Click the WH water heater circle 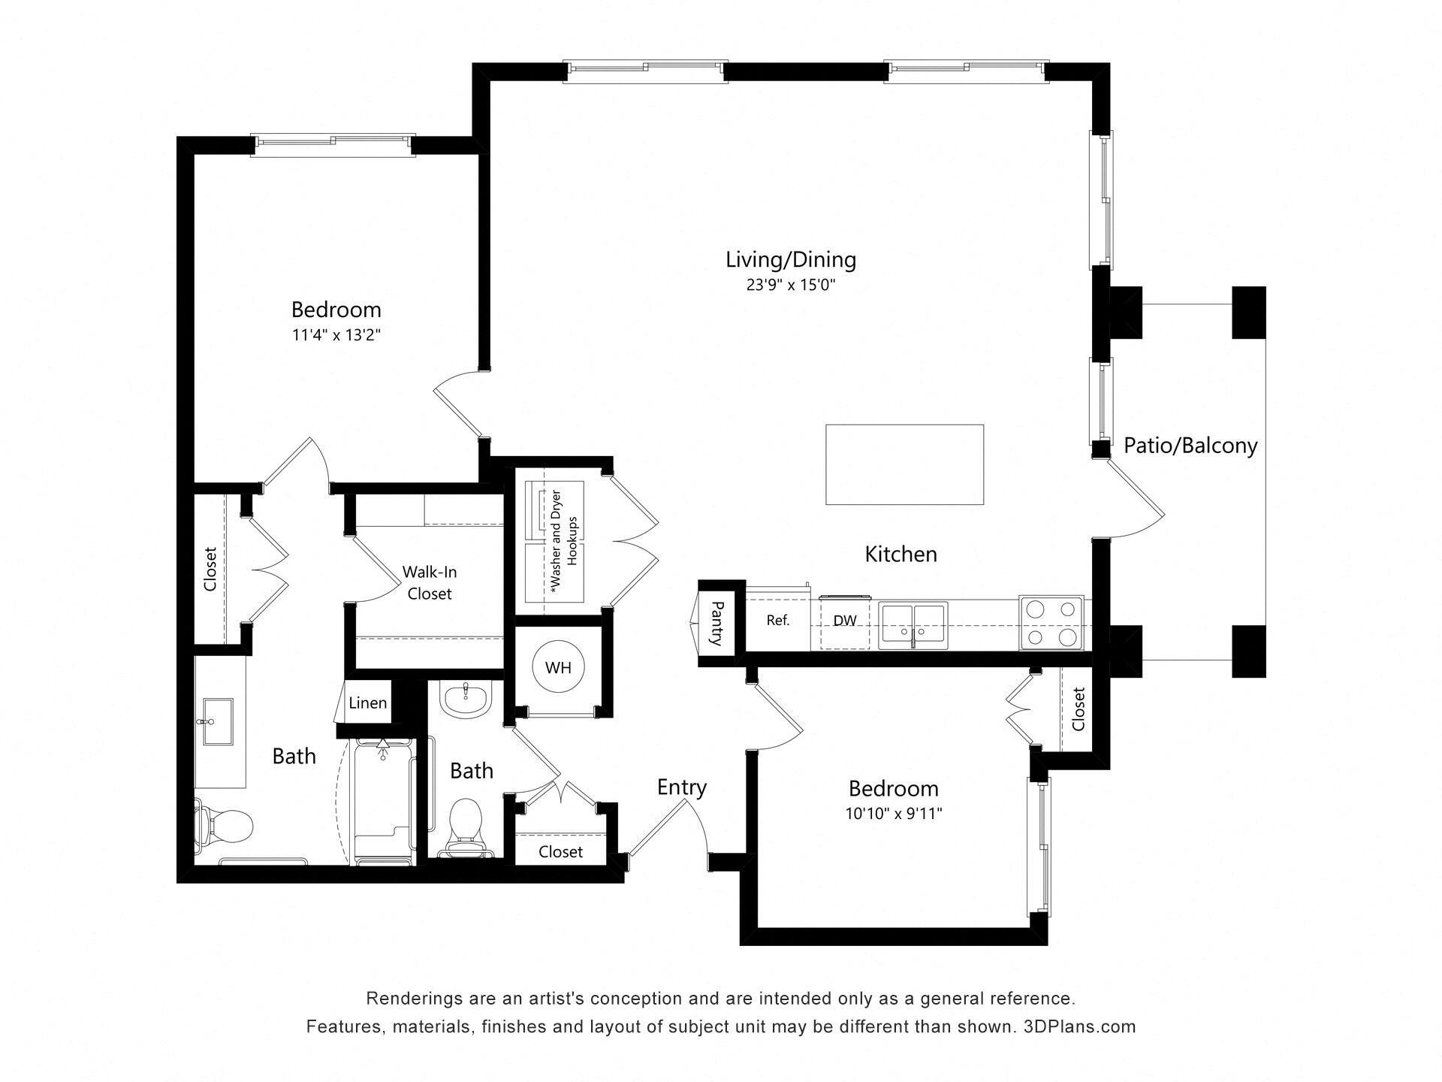(x=558, y=667)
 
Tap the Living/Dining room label (x=790, y=260)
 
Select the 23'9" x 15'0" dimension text (x=790, y=286)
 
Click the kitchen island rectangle (x=904, y=464)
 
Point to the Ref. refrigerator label (x=777, y=621)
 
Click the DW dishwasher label (x=845, y=621)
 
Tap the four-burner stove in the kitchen (x=1051, y=623)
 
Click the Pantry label (x=716, y=623)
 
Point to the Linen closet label (x=367, y=703)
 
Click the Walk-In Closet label (x=429, y=582)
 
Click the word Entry (x=681, y=787)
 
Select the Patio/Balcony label (x=1190, y=446)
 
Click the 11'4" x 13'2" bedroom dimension (x=336, y=335)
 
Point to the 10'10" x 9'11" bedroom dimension (x=893, y=814)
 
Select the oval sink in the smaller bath (x=466, y=698)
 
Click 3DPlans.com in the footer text (x=1079, y=1026)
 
